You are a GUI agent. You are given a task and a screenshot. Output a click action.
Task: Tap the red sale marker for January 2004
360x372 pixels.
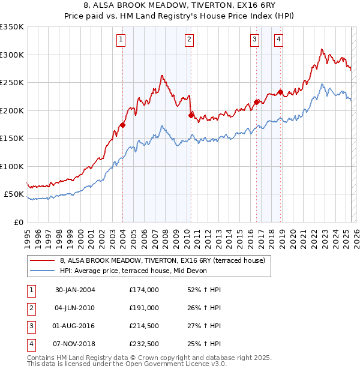coord(122,125)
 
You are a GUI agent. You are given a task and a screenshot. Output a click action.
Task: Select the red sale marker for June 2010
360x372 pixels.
coord(190,115)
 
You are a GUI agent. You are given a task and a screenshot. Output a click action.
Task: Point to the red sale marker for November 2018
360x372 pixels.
coord(280,92)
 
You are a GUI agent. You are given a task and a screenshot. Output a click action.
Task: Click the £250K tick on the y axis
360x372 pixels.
coord(11,83)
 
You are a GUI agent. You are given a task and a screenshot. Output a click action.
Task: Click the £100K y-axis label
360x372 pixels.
coord(11,166)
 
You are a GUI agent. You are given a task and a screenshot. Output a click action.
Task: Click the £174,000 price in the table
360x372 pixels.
coord(144,290)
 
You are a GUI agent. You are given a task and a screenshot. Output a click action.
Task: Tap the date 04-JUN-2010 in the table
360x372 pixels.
coord(75,308)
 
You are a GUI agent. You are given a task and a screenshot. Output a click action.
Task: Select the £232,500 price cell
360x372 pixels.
coord(144,344)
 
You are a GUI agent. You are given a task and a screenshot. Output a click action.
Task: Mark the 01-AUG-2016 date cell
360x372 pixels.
coord(75,326)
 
